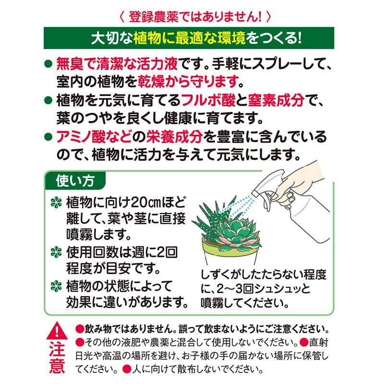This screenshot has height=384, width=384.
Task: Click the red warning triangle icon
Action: [57, 331]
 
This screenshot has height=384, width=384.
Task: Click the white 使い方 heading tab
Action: [75, 181]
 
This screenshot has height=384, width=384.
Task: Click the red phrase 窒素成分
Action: [276, 100]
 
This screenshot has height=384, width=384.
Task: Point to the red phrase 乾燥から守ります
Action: [188, 82]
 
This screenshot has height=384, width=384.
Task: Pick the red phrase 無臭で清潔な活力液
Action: [117, 64]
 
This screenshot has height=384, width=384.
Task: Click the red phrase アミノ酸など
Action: [94, 137]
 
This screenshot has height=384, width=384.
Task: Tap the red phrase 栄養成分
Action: [174, 137]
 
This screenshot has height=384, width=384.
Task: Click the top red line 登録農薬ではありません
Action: [195, 17]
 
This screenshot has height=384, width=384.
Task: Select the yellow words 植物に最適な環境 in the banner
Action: [189, 38]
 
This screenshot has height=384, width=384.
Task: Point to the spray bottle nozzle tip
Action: [254, 194]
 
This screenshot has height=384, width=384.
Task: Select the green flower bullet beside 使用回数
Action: [56, 252]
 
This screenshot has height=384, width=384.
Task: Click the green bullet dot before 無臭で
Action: [48, 64]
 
